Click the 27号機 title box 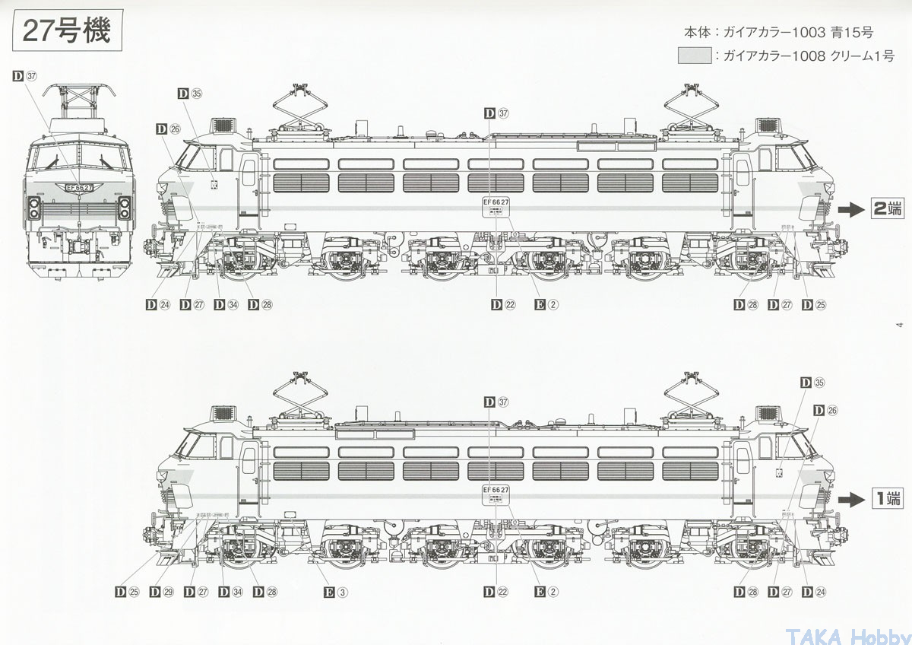pos(67,31)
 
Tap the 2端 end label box pos(886,208)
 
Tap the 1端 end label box pos(886,499)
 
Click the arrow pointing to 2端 pos(852,208)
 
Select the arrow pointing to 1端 pos(852,499)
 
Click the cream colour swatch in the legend pos(695,56)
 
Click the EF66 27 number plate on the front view pos(79,188)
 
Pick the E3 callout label pos(335,592)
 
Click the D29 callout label pos(162,592)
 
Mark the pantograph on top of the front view pos(79,103)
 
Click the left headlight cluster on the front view pos(33,208)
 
